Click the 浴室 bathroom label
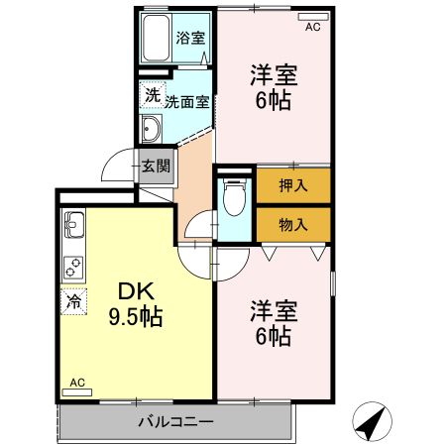190,39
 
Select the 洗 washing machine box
151,95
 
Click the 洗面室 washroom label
186,101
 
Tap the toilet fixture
234,199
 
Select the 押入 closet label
292,185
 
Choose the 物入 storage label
292,224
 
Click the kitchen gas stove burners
74,266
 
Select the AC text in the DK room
77,382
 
